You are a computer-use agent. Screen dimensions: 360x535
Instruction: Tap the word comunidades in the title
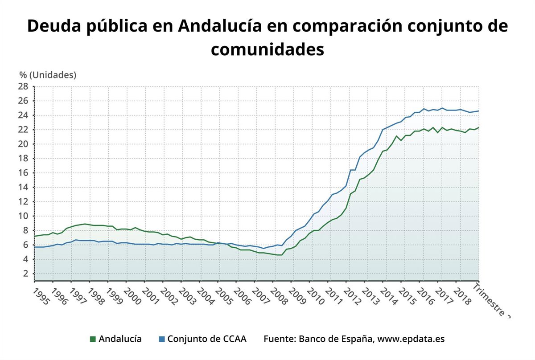pos(267,49)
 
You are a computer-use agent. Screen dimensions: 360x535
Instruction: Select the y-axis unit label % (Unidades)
pos(48,75)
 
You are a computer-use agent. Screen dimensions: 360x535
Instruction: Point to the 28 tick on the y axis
pos(23,86)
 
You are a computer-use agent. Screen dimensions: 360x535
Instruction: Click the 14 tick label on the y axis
pos(23,187)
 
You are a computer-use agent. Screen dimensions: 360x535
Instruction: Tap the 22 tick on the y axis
pos(23,130)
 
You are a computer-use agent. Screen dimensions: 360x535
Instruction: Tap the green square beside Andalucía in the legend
pos(93,339)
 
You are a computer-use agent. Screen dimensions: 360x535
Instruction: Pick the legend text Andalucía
pos(120,339)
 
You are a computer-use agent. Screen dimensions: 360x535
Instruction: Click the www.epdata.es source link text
pos(411,339)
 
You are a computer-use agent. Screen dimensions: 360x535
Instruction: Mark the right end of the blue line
pos(479,111)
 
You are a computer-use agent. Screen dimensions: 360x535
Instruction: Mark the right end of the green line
pos(479,127)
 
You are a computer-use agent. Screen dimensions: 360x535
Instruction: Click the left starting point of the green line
pos(35,236)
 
